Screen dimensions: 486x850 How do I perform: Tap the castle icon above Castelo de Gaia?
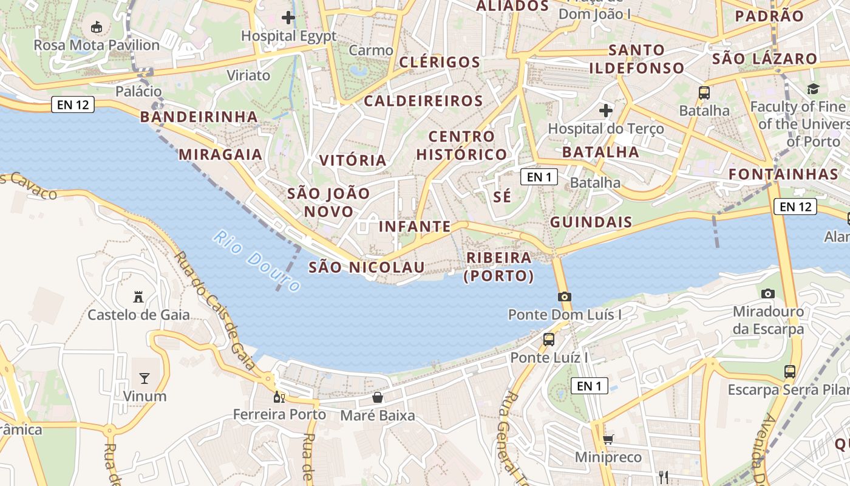138,297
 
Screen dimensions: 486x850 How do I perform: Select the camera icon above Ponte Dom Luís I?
565,296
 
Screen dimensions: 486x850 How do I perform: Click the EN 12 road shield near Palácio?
73,104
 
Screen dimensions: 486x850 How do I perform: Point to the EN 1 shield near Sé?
539,177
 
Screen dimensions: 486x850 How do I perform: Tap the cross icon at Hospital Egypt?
288,18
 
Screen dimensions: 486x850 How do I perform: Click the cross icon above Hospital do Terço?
605,111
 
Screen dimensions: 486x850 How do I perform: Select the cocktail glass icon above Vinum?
144,378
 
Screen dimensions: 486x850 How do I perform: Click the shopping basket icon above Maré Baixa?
378,397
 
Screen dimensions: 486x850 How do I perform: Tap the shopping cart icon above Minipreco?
608,439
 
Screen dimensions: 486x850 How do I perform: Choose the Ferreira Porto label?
280,415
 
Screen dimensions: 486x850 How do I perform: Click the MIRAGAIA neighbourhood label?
220,154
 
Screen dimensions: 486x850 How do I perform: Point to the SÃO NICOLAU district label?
367,267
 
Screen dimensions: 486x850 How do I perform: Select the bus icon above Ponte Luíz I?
549,339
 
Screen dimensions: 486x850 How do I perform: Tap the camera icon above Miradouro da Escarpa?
768,293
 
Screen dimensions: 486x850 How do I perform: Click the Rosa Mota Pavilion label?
97,45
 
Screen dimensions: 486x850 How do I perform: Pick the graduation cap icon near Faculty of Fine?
813,89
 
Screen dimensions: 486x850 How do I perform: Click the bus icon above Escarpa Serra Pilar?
790,371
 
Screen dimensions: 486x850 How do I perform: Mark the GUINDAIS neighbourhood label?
591,222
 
